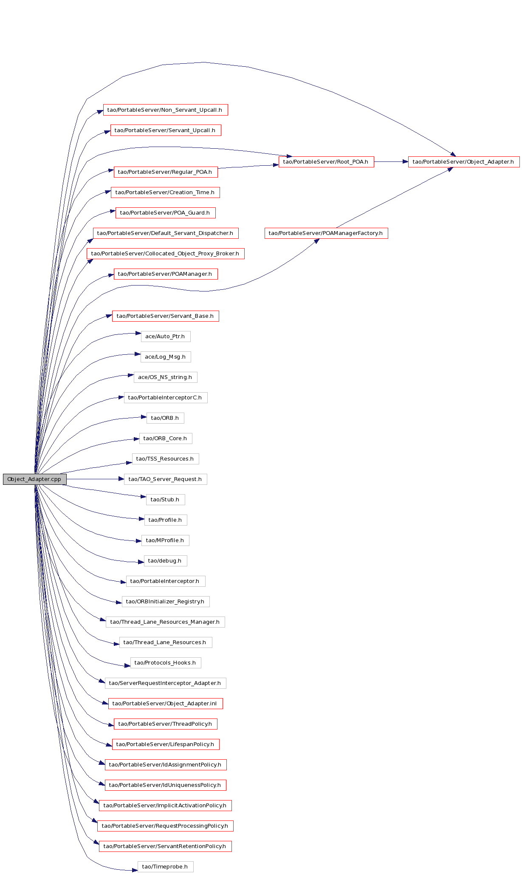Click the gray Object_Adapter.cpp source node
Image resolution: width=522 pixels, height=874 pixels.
(35, 479)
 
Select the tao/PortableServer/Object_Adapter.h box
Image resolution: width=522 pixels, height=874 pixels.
(463, 161)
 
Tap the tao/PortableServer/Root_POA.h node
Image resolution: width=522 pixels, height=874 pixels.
(326, 161)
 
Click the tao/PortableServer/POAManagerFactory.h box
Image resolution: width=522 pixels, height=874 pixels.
(326, 233)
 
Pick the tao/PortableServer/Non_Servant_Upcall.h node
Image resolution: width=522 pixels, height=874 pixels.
(165, 110)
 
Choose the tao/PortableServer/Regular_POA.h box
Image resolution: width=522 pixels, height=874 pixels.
(166, 172)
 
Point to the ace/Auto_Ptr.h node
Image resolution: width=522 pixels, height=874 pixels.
(166, 336)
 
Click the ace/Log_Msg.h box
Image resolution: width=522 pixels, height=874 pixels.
(166, 356)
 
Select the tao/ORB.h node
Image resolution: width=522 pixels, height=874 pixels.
(165, 418)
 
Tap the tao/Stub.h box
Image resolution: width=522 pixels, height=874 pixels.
(166, 499)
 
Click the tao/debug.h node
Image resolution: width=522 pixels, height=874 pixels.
(165, 560)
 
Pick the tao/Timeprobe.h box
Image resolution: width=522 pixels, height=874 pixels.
(165, 866)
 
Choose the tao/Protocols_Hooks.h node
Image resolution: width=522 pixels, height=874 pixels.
(166, 662)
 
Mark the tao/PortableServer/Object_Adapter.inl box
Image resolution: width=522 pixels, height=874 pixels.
(166, 703)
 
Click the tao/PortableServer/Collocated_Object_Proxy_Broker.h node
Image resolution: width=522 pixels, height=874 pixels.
(166, 253)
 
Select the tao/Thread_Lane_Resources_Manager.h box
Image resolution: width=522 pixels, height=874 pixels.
(165, 622)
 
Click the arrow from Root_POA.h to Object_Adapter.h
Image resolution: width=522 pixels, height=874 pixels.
(391, 161)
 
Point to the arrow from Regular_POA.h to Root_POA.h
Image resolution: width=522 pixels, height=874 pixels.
(248, 167)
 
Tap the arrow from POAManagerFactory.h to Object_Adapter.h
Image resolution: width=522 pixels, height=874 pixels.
(394, 197)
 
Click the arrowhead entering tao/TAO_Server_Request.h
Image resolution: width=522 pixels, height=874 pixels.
(121, 479)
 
